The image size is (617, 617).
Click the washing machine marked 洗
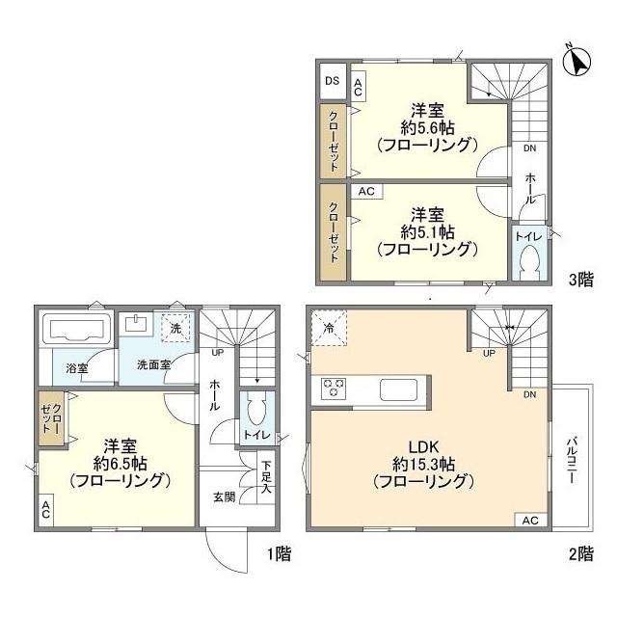pyautogui.click(x=175, y=328)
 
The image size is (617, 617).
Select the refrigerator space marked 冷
pyautogui.click(x=330, y=328)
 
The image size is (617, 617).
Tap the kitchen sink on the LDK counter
pyautogui.click(x=398, y=389)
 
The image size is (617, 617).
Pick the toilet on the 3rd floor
pyautogui.click(x=527, y=262)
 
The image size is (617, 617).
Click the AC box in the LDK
pyautogui.click(x=529, y=521)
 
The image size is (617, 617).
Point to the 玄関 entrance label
pyautogui.click(x=225, y=498)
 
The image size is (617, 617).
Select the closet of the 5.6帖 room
pyautogui.click(x=333, y=139)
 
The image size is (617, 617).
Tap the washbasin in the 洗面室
pyautogui.click(x=139, y=325)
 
